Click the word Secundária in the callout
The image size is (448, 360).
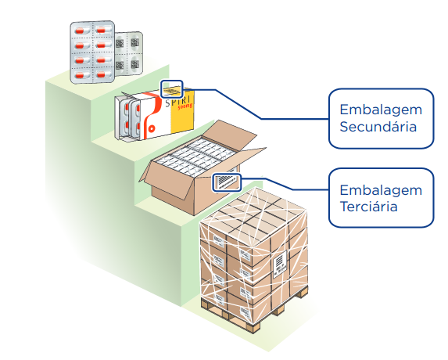coord(378,127)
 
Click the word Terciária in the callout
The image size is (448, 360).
coord(368,207)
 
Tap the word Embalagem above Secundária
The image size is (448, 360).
coord(381,110)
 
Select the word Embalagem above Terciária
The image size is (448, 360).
coord(381,191)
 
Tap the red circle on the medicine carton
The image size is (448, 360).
coord(152,129)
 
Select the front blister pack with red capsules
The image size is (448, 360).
coord(92,52)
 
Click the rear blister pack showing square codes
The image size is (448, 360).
coord(129,53)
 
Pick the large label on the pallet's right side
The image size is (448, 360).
coord(280,264)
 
